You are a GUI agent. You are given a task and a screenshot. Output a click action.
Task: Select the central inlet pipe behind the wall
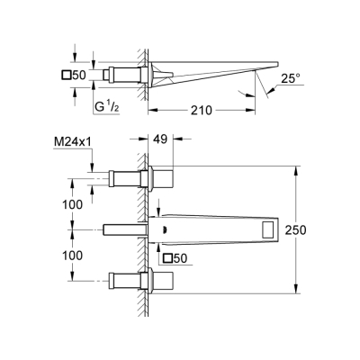[121, 229]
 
